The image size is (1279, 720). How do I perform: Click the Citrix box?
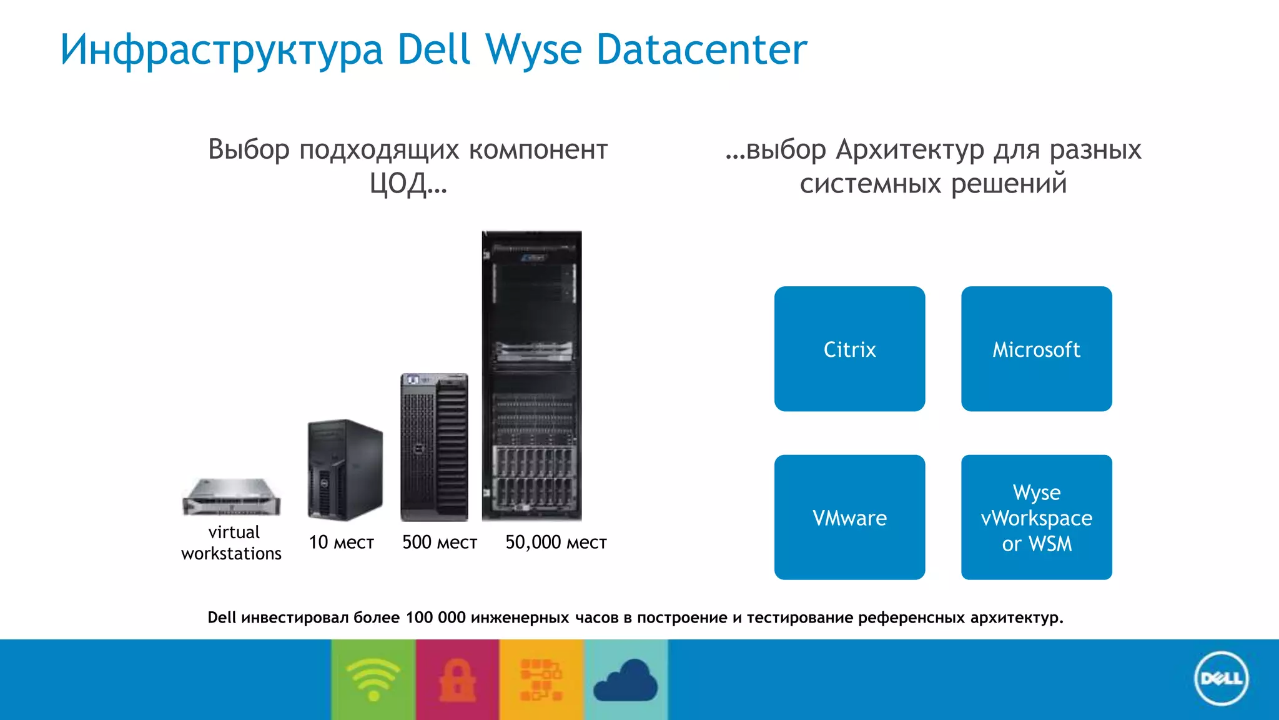(x=849, y=349)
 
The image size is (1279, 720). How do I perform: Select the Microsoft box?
(x=1036, y=349)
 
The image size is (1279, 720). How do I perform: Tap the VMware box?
(x=849, y=517)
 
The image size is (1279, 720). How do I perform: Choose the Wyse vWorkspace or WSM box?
(x=1036, y=517)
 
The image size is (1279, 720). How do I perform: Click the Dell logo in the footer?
(x=1221, y=679)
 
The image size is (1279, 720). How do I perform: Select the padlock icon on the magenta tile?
(x=457, y=680)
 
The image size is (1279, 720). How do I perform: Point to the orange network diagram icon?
(x=541, y=680)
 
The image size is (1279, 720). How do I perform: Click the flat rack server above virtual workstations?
(x=232, y=497)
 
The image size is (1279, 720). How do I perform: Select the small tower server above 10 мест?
(x=345, y=470)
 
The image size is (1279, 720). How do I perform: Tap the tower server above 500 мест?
(x=434, y=447)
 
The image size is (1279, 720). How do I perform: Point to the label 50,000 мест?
(x=556, y=542)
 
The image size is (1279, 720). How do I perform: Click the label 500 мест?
(x=440, y=542)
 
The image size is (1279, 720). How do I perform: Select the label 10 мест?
(x=341, y=542)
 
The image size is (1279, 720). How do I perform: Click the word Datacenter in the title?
(x=701, y=49)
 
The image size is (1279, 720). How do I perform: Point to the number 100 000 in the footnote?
(x=435, y=617)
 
